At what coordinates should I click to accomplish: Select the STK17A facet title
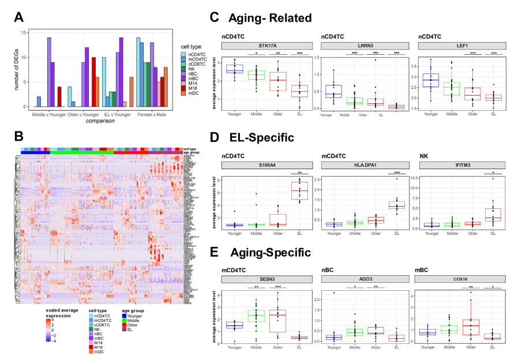pos(265,46)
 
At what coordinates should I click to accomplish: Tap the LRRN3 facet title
pos(363,46)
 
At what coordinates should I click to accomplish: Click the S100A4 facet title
pos(265,163)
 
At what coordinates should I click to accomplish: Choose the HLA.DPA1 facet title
pos(363,163)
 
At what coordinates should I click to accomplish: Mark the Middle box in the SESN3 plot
pos(256,316)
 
